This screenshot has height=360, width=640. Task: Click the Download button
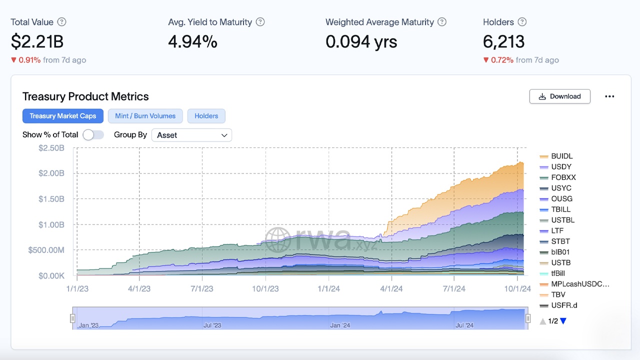[559, 96]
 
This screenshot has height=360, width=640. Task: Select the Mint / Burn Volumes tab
[145, 116]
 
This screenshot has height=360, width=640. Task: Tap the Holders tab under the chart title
[206, 116]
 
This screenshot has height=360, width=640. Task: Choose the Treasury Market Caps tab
[63, 116]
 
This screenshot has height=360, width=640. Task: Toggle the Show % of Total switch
[93, 134]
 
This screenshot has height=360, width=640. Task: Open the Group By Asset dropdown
[191, 135]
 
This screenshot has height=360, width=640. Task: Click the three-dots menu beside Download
[609, 96]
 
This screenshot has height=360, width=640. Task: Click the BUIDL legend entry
[561, 156]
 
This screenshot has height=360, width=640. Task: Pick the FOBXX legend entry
[563, 177]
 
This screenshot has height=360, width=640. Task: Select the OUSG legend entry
[561, 198]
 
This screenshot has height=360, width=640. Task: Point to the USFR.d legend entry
[564, 305]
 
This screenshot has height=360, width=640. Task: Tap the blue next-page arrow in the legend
[563, 321]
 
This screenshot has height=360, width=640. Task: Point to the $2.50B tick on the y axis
[51, 148]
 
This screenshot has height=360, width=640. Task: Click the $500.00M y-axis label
[46, 250]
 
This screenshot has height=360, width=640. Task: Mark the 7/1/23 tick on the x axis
[202, 288]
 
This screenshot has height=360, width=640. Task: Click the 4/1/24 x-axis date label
[391, 288]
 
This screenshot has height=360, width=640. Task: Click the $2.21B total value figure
[37, 41]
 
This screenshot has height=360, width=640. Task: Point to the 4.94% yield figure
[192, 41]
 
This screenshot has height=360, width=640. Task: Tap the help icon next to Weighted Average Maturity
[442, 22]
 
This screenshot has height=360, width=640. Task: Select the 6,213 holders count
[503, 41]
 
